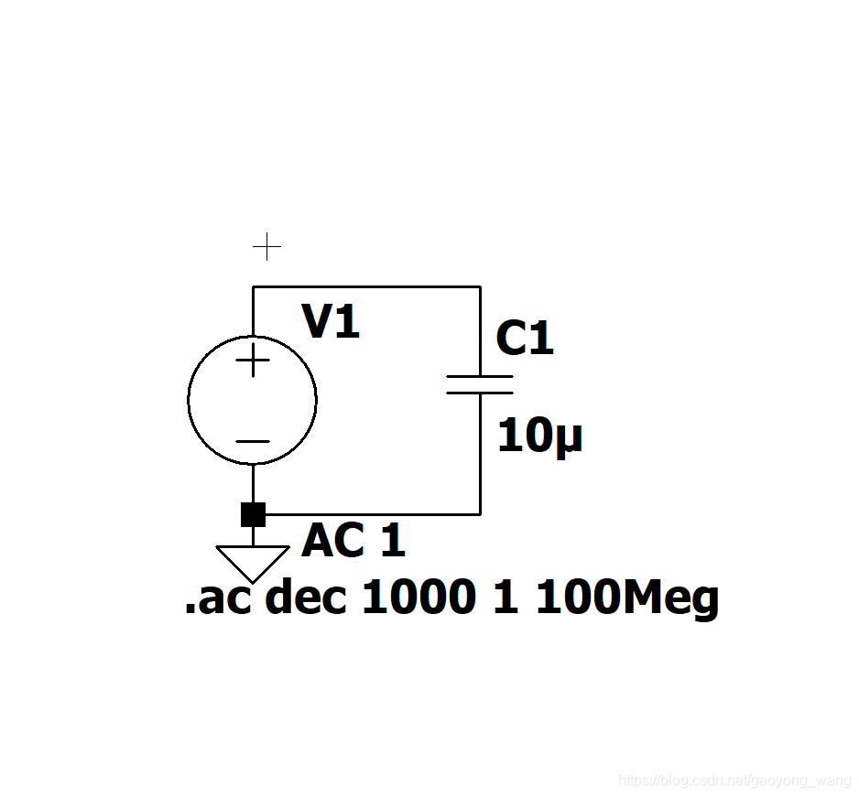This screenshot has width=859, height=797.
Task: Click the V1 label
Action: (332, 322)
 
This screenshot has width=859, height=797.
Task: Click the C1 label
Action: (525, 339)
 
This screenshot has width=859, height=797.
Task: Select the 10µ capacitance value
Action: (539, 437)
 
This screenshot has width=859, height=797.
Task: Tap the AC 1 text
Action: (353, 542)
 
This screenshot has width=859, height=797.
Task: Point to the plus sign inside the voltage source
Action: (252, 361)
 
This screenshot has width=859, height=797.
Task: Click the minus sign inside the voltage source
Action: (252, 441)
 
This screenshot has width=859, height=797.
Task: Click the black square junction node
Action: (253, 514)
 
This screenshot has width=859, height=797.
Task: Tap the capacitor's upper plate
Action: (480, 375)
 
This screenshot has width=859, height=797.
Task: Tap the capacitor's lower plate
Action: (480, 392)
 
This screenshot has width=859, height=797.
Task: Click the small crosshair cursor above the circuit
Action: (266, 246)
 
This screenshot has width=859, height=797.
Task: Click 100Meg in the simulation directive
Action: (626, 600)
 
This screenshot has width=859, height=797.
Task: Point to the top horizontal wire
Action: (366, 286)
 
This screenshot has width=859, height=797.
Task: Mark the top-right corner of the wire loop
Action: (480, 286)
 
